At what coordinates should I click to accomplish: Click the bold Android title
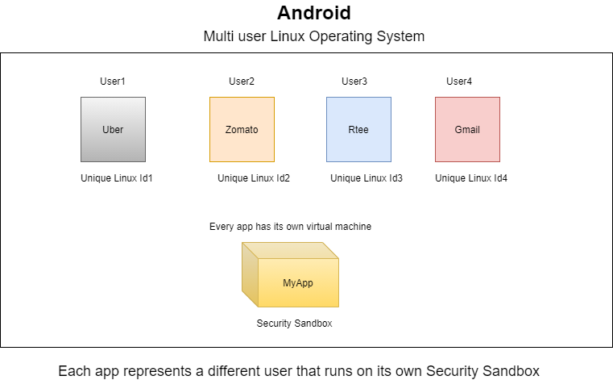click(313, 13)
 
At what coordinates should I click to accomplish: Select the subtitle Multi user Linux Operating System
click(313, 37)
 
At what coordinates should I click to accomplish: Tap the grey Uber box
click(113, 129)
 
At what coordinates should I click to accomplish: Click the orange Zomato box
click(242, 129)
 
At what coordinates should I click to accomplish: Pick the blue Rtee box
click(358, 129)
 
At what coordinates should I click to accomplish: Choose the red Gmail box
click(467, 129)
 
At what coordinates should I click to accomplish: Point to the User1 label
click(113, 81)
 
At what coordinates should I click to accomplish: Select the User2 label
click(242, 81)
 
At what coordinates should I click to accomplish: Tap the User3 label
click(354, 81)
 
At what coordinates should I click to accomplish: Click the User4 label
click(459, 81)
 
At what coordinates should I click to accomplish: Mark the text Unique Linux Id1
click(117, 178)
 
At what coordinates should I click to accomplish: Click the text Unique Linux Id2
click(254, 178)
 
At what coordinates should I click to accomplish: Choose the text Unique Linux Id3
click(367, 178)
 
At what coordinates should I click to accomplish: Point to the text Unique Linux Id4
click(471, 178)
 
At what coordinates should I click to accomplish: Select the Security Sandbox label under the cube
click(294, 324)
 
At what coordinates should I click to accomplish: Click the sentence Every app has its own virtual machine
click(290, 227)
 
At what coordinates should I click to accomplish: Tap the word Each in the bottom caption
click(73, 370)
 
